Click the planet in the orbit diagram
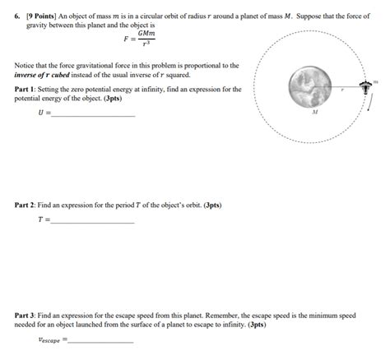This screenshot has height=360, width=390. click(x=313, y=84)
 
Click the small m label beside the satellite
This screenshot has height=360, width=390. click(x=375, y=82)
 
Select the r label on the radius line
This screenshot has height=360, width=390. click(x=342, y=90)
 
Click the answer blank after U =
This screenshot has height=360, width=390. click(x=93, y=114)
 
